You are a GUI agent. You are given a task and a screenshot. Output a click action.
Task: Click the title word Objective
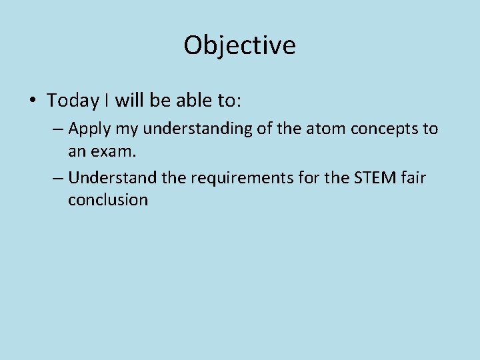(239, 45)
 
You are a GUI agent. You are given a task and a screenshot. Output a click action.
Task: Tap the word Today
(73, 101)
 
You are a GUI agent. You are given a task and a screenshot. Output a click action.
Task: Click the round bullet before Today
(32, 101)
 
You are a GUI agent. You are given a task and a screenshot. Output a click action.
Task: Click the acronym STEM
(374, 178)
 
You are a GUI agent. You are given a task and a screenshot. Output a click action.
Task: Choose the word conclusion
(107, 200)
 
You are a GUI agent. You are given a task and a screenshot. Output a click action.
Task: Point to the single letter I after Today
(107, 101)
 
